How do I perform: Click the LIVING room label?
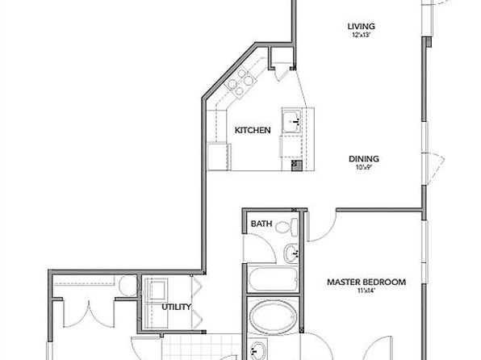[x=362, y=27]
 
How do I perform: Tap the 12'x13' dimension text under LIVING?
[x=362, y=35]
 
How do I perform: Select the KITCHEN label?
[x=253, y=130]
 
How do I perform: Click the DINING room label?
[x=364, y=159]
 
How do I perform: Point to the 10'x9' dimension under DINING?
[x=364, y=168]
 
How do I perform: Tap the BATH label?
[x=261, y=224]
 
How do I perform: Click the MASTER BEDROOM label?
[x=366, y=282]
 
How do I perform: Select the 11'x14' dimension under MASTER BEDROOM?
[x=366, y=291]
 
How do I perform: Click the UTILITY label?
[x=177, y=307]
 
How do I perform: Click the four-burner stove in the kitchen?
[x=240, y=82]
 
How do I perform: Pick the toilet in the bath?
[x=287, y=228]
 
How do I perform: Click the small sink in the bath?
[x=291, y=253]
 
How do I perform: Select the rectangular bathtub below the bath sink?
[x=273, y=279]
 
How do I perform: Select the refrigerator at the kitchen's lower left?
[x=219, y=157]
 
